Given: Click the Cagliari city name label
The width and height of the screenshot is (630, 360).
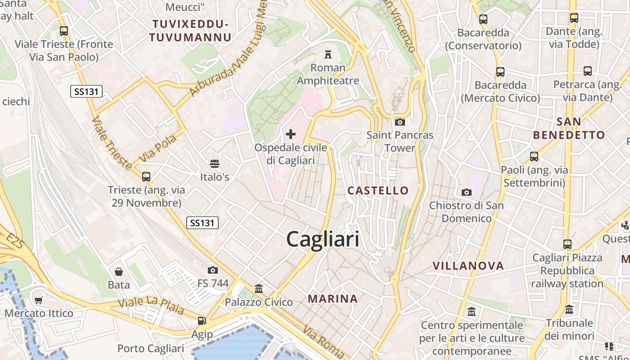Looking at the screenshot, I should [x=323, y=239].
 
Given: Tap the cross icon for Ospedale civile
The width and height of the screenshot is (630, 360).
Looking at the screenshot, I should [x=291, y=134].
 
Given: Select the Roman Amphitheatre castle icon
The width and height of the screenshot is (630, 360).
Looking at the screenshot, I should [x=328, y=55].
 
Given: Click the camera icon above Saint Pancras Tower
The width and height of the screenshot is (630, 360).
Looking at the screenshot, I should [x=400, y=122].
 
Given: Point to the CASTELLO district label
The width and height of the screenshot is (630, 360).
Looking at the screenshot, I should [x=378, y=190].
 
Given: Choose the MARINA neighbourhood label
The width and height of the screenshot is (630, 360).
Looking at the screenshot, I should [x=333, y=298].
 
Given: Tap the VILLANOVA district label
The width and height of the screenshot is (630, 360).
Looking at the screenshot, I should [x=468, y=265].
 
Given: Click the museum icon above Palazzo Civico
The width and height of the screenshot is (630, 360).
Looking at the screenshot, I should [x=259, y=288].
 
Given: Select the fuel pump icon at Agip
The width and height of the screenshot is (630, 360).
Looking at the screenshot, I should [x=202, y=321].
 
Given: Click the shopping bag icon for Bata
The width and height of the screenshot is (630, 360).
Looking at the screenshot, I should [x=119, y=271].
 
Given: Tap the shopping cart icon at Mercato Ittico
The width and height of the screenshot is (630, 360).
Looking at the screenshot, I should [x=39, y=300].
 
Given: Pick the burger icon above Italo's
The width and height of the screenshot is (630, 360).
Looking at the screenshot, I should [x=215, y=163].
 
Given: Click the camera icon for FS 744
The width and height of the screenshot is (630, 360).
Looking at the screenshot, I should [x=213, y=270].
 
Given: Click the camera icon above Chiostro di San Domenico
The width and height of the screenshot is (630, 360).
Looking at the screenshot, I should [x=467, y=192].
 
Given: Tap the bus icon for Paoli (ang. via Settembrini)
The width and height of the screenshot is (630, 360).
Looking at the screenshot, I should [x=534, y=157].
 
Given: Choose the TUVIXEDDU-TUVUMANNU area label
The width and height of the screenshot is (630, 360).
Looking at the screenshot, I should [x=190, y=31].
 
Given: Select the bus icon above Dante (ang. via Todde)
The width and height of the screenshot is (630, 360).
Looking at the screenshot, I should [x=574, y=18].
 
